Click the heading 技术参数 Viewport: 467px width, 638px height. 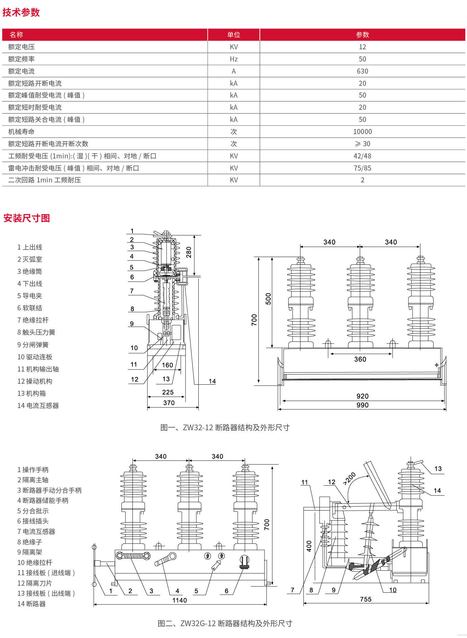click(21, 12)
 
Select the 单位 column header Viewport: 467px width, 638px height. click(233, 35)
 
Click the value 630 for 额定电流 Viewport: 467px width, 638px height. click(362, 71)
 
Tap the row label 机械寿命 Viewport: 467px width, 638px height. click(21, 132)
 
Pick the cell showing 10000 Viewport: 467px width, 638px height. click(362, 132)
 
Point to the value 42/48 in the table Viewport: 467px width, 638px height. click(362, 156)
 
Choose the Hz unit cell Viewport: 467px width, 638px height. click(233, 59)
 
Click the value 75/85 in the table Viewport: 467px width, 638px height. click(362, 168)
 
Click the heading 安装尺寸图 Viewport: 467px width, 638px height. click(27, 218)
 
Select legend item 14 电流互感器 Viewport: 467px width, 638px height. click(38, 406)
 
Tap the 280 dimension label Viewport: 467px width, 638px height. click(189, 252)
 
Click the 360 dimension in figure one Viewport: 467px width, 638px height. click(360, 359)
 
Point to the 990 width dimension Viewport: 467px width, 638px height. click(362, 405)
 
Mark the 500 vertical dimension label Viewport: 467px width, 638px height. click(268, 299)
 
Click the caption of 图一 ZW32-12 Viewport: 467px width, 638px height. click(225, 428)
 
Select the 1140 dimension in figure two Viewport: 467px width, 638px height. click(179, 600)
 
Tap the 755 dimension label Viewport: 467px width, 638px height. click(366, 599)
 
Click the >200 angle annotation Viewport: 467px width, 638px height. click(349, 478)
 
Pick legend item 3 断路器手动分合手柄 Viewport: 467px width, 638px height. click(49, 490)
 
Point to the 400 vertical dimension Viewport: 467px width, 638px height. click(309, 546)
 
